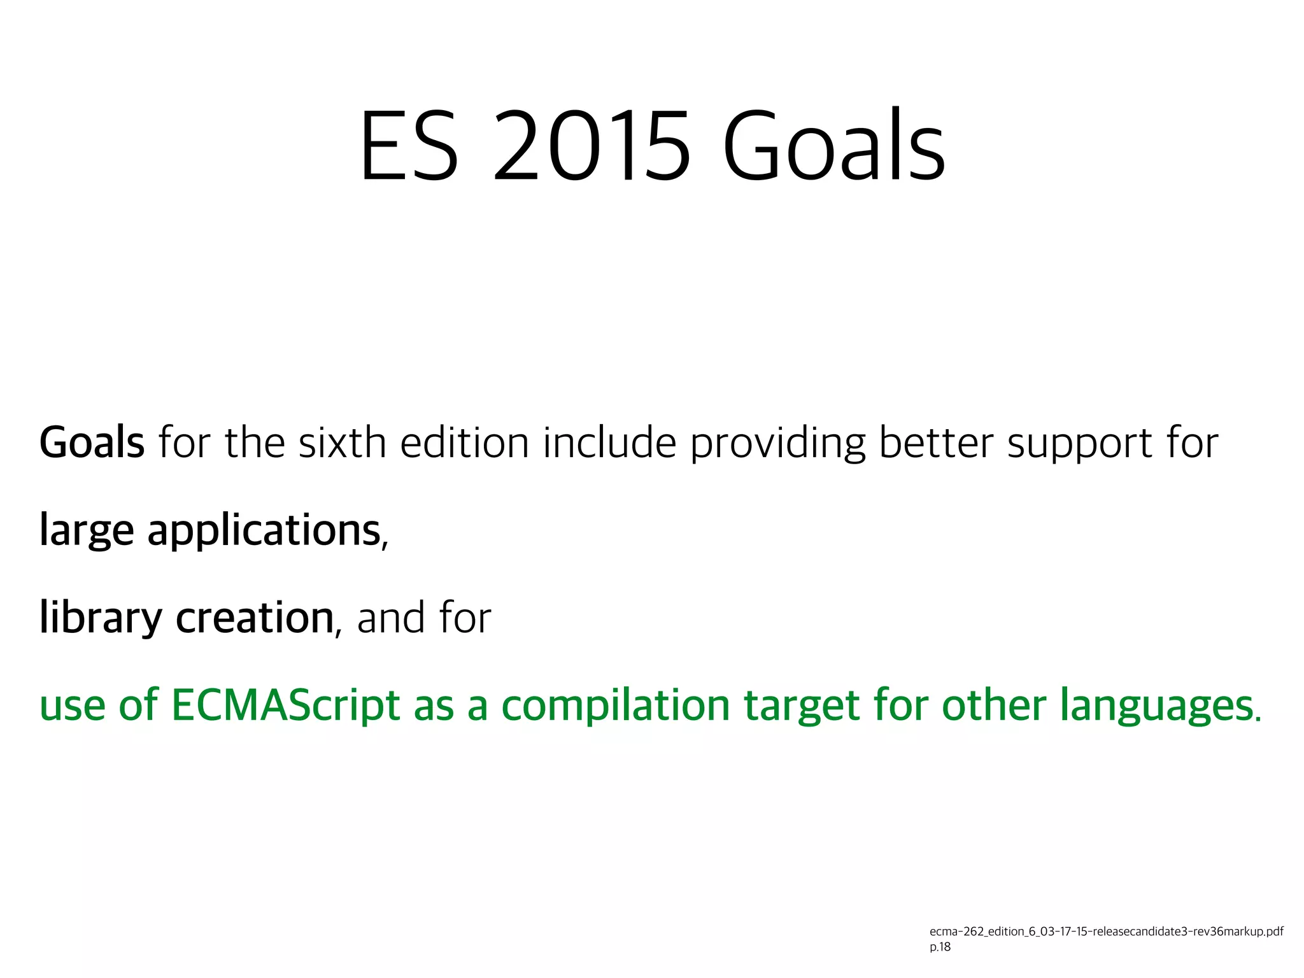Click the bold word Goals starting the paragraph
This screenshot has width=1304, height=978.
(x=92, y=443)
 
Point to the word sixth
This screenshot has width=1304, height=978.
(x=342, y=443)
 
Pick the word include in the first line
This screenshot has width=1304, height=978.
(x=609, y=443)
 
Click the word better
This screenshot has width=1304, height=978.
(x=935, y=443)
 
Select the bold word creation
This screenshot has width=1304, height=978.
(x=255, y=618)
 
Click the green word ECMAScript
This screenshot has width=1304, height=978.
(x=285, y=705)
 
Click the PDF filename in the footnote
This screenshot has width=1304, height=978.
(x=1106, y=932)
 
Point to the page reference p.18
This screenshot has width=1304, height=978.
(x=940, y=947)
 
